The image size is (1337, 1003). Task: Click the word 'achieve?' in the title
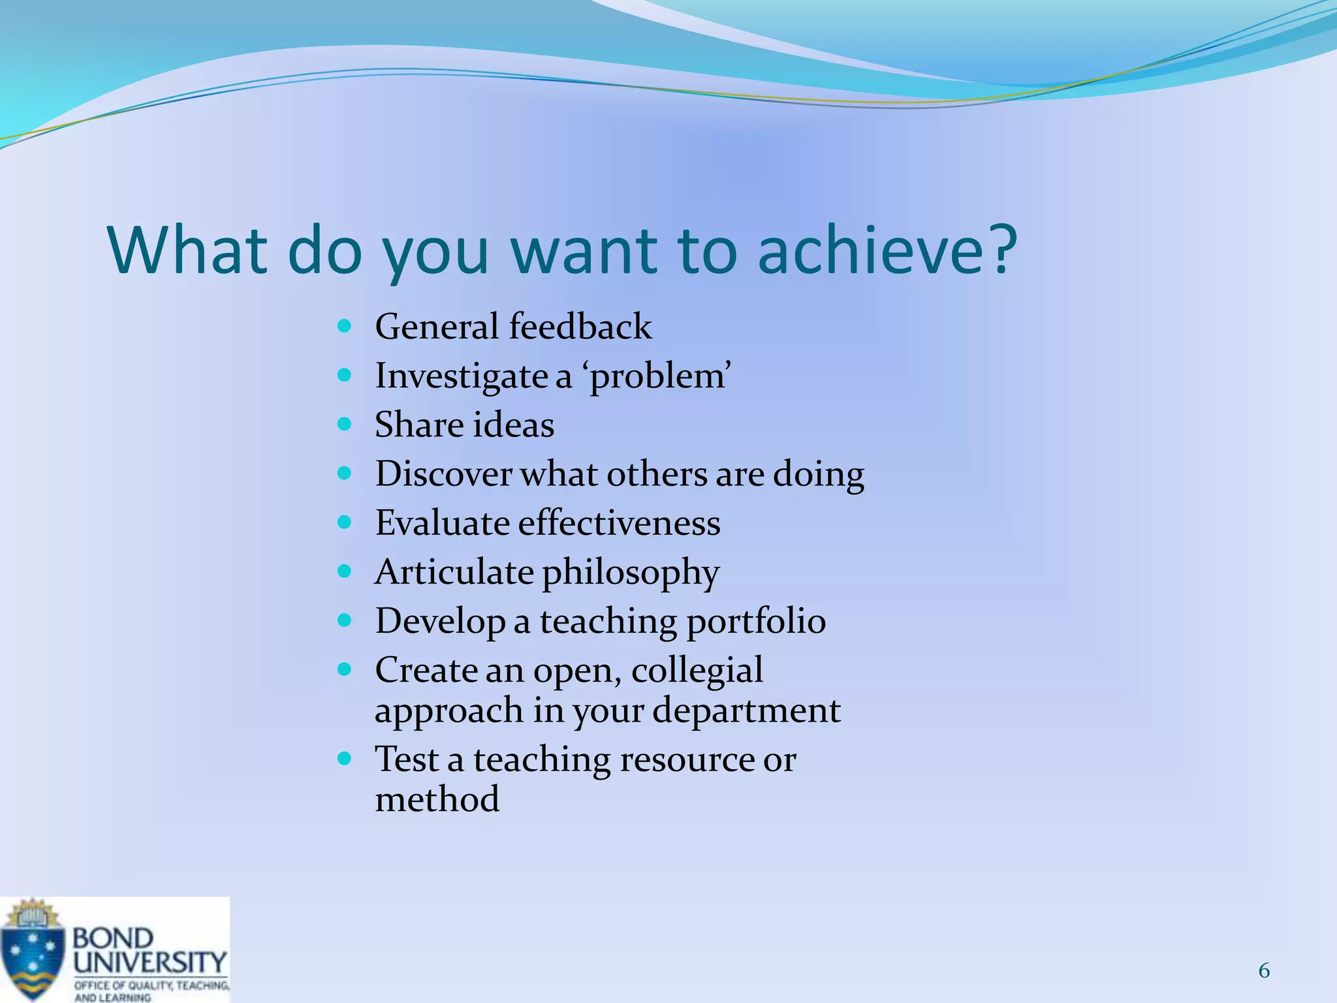point(887,250)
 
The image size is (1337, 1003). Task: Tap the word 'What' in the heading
point(188,250)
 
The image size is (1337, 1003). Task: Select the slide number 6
point(1264,971)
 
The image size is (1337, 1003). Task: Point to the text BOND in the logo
point(113,938)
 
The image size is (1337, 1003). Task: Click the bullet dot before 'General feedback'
point(345,325)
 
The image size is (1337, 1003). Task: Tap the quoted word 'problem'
point(660,377)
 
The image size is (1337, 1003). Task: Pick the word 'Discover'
point(443,473)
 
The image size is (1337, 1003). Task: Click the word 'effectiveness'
point(619,523)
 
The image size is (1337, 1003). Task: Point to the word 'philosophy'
point(630,573)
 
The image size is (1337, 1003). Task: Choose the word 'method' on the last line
point(437,799)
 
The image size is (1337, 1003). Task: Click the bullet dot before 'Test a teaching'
point(345,758)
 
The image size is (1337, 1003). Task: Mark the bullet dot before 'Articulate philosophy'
point(345,571)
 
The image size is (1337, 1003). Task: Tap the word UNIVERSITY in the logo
point(149,962)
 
